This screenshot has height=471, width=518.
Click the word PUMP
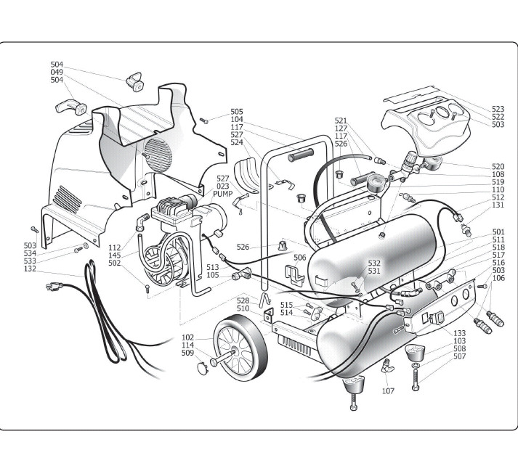[x=222, y=194]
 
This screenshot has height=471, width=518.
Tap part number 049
[x=57, y=72]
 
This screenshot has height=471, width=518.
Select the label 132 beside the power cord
[x=30, y=269]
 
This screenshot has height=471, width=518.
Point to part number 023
[x=222, y=186]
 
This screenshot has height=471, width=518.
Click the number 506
[x=299, y=257]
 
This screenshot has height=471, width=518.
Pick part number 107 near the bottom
[x=389, y=391]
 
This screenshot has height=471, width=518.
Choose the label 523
[x=498, y=109]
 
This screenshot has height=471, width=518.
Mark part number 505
[x=237, y=112]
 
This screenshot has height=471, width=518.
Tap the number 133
[x=459, y=333]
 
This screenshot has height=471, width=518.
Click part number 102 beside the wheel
[x=188, y=337]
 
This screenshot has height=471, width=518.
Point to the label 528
[x=243, y=300]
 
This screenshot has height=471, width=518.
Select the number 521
[x=341, y=120]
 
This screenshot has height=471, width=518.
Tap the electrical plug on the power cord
[x=53, y=287]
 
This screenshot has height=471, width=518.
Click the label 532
[x=374, y=263]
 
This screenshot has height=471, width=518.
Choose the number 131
[x=498, y=205]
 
